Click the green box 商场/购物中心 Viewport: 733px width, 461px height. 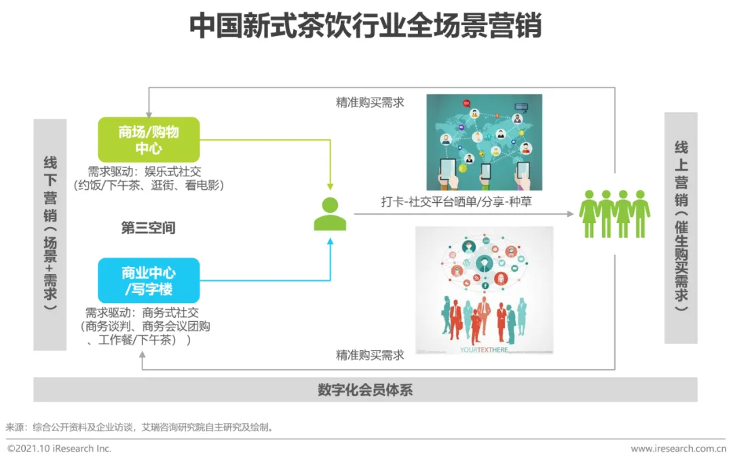point(149,140)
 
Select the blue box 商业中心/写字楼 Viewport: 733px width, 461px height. point(149,281)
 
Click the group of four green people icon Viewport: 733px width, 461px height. point(614,214)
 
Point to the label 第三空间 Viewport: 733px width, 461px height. point(148,228)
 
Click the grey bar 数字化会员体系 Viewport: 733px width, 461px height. point(365,390)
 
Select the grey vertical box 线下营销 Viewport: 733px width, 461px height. point(50,235)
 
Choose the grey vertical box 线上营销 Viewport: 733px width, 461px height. point(681,228)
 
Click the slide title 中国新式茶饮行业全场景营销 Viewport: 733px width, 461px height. point(365,27)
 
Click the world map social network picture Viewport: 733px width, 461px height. point(484,142)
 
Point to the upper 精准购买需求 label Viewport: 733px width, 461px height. point(370,102)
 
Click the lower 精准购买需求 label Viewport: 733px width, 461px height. point(370,355)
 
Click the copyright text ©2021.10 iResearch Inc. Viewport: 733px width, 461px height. point(60,449)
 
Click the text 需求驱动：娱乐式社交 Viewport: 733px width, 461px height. point(145,172)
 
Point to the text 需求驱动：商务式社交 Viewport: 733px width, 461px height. point(142,313)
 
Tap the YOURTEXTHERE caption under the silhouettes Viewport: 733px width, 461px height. point(484,350)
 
